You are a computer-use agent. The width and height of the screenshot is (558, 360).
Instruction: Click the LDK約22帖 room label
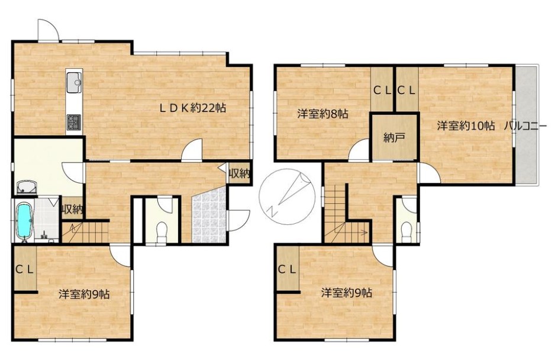pyautogui.click(x=192, y=108)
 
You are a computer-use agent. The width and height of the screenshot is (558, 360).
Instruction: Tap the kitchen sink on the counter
pyautogui.click(x=75, y=81)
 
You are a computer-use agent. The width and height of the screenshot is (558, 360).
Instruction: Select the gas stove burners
pyautogui.click(x=75, y=122)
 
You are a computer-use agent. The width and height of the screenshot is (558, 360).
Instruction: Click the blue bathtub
pyautogui.click(x=24, y=221)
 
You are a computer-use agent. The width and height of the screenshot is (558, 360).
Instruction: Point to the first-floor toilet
pyautogui.click(x=162, y=230)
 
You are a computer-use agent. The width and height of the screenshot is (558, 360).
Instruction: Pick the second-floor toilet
pyautogui.click(x=405, y=231)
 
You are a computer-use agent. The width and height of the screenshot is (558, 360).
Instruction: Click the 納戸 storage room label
pyautogui.click(x=394, y=137)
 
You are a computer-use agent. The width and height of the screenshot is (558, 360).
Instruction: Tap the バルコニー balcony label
pyautogui.click(x=525, y=126)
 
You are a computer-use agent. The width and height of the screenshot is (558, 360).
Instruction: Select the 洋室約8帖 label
pyautogui.click(x=322, y=114)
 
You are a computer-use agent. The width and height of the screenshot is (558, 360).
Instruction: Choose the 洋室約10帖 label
pyautogui.click(x=466, y=126)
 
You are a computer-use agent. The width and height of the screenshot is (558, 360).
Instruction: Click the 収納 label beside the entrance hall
pyautogui.click(x=240, y=174)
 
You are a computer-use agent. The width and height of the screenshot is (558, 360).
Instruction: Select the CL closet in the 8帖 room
pyautogui.click(x=382, y=91)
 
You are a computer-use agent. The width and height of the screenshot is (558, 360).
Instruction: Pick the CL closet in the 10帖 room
pyautogui.click(x=406, y=91)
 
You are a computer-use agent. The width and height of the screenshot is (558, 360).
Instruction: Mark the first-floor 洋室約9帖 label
pyautogui.click(x=84, y=294)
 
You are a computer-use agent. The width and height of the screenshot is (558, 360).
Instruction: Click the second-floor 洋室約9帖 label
pyautogui.click(x=346, y=293)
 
